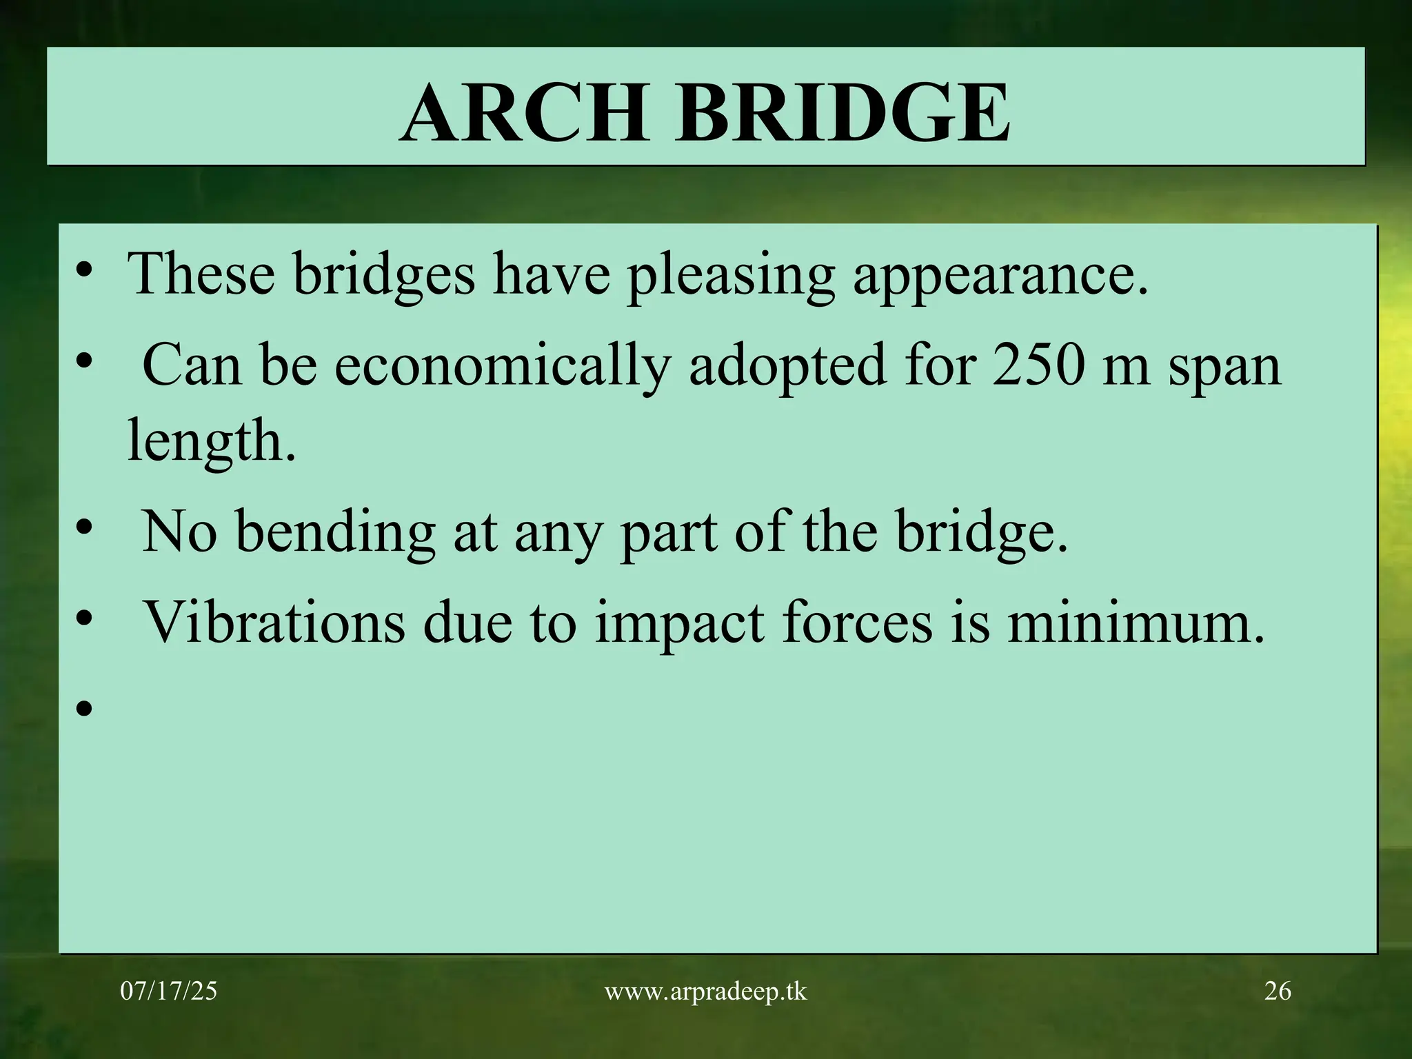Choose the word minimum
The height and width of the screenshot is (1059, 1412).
(1135, 622)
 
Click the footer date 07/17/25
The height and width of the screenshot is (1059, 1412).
(168, 991)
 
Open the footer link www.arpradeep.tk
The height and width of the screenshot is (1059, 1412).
(705, 992)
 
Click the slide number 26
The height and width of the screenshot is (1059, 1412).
(1278, 991)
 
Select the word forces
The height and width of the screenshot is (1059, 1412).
(856, 622)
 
